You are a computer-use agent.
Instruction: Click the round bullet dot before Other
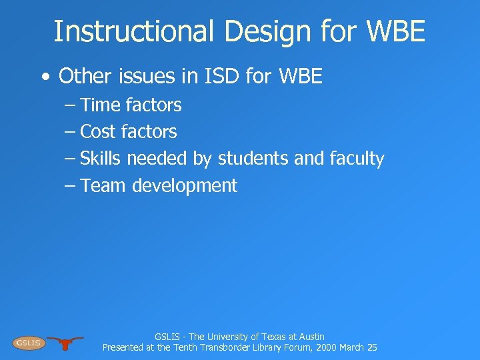coord(45,77)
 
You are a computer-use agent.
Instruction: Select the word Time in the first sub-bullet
coord(100,105)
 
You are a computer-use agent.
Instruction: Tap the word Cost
coord(98,132)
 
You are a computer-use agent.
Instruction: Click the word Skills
coord(101,159)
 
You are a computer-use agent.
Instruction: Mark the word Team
coord(103,185)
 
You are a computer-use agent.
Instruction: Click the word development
coord(185,186)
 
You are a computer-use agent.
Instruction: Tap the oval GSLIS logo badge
coord(28,343)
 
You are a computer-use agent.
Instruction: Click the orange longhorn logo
coord(65,343)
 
